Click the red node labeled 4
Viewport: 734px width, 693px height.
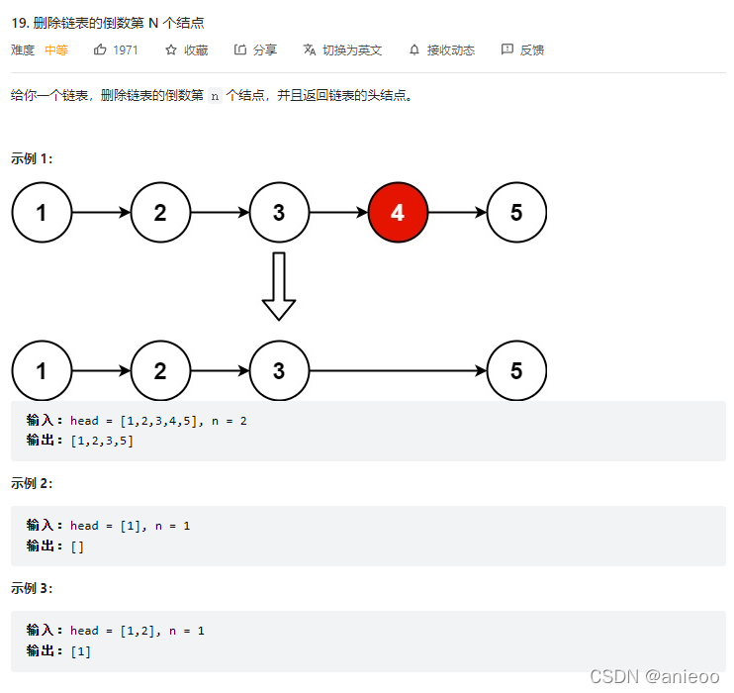point(398,212)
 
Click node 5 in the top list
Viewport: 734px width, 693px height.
point(516,212)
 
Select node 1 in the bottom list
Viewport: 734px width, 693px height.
point(42,371)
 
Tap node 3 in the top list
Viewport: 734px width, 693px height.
point(279,212)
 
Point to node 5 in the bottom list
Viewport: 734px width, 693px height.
point(516,371)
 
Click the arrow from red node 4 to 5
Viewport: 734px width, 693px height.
point(457,212)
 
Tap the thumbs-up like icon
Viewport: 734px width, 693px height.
point(100,49)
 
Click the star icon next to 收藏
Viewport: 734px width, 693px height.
point(171,49)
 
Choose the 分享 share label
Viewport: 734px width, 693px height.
point(265,49)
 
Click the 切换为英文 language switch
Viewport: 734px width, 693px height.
point(351,49)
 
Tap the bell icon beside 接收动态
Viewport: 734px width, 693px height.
point(413,49)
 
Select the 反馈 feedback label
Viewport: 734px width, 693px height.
point(532,49)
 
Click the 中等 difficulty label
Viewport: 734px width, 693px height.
point(56,49)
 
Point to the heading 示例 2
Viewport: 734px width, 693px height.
point(32,483)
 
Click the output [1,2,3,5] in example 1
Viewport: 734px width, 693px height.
point(102,441)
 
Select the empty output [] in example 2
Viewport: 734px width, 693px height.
point(77,545)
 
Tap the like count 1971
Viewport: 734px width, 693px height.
point(126,49)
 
